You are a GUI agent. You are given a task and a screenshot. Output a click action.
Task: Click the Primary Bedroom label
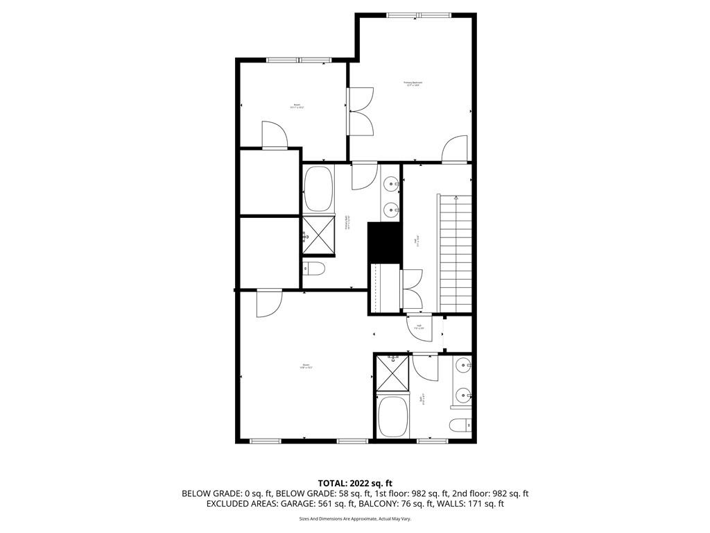point(413,83)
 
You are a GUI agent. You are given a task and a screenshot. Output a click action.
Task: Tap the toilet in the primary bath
point(313,269)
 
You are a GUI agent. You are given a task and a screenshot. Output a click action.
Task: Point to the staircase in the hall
point(454,253)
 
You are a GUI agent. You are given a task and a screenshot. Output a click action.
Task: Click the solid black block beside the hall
point(384,242)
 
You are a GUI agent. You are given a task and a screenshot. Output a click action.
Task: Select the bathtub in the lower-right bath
point(393,416)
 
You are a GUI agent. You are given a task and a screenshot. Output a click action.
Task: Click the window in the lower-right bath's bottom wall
point(433,441)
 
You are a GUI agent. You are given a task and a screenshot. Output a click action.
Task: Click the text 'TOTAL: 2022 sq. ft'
point(355,482)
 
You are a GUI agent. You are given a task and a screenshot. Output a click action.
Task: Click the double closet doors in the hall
point(411,288)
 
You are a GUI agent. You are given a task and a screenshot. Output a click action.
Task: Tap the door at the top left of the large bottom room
point(268,303)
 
